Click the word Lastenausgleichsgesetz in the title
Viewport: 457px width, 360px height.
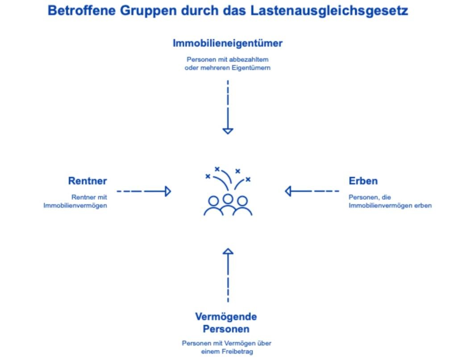tap(329, 11)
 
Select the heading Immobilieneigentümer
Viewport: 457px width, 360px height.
tap(228, 43)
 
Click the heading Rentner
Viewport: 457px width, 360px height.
tap(87, 181)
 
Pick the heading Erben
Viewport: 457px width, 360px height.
tap(363, 181)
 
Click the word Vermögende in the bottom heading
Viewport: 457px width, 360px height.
tap(226, 317)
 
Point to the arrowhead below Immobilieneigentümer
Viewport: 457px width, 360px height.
tap(228, 131)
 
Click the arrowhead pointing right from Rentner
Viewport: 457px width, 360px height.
tap(168, 191)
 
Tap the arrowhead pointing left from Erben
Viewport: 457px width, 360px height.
tap(288, 191)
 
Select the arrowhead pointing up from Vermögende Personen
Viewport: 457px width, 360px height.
tap(228, 251)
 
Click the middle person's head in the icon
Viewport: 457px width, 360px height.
tap(228, 199)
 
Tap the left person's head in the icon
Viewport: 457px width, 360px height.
tap(213, 201)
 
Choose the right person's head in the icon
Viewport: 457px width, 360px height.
tap(242, 201)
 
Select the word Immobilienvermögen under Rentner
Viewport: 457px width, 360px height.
tap(75, 206)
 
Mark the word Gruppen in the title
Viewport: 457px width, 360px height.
tap(148, 11)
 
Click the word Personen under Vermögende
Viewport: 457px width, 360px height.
tap(226, 329)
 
